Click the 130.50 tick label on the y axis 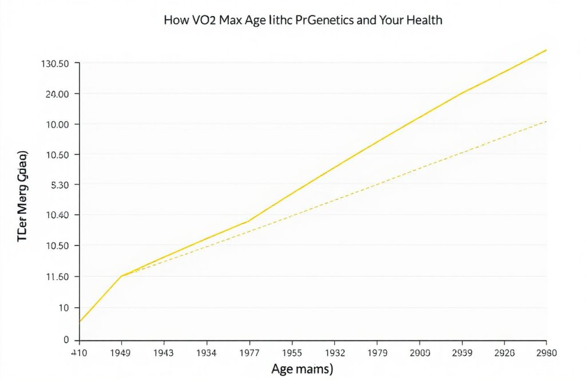pyautogui.click(x=56, y=63)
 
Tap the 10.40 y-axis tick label pyautogui.click(x=57, y=215)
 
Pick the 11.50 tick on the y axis pyautogui.click(x=56, y=277)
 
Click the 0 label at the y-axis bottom pyautogui.click(x=66, y=340)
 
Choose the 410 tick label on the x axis pyautogui.click(x=78, y=354)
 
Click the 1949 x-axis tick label pyautogui.click(x=120, y=354)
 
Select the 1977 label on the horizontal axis pyautogui.click(x=247, y=354)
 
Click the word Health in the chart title pyautogui.click(x=422, y=20)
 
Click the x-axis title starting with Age pyautogui.click(x=302, y=369)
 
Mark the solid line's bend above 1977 pyautogui.click(x=248, y=221)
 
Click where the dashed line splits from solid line pyautogui.click(x=122, y=276)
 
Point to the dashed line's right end pyautogui.click(x=547, y=121)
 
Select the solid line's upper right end pyautogui.click(x=547, y=50)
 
